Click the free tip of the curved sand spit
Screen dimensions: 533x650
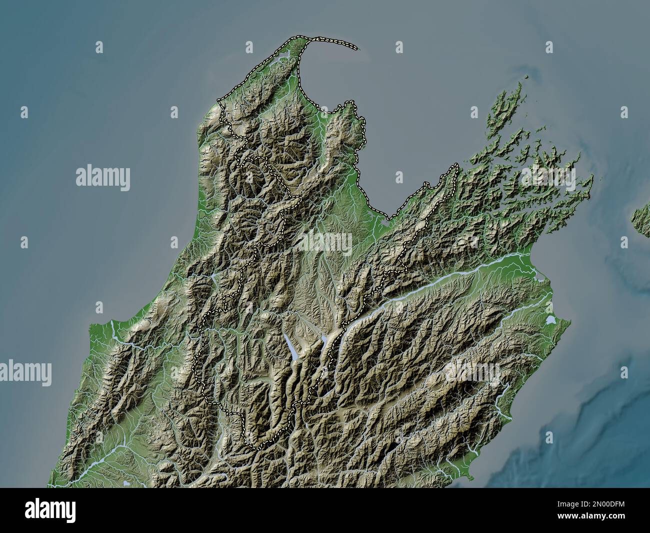[357, 49]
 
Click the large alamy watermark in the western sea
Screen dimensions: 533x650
[103, 178]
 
